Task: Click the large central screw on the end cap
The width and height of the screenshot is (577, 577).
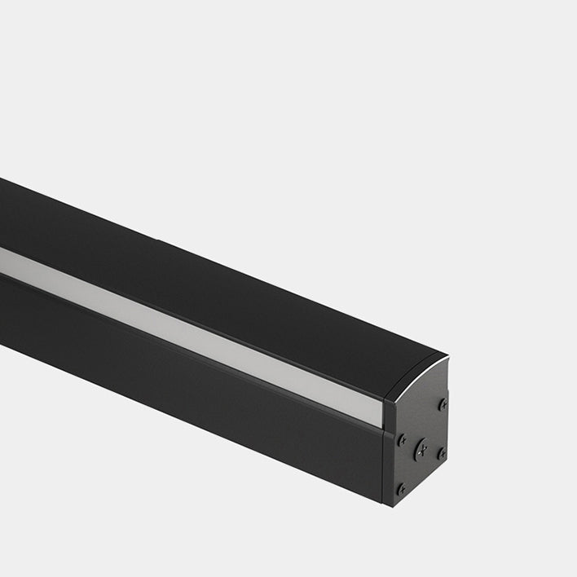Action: (x=421, y=447)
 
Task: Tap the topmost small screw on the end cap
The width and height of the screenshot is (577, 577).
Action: (x=443, y=403)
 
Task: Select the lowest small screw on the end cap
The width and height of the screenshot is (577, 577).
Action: (x=401, y=489)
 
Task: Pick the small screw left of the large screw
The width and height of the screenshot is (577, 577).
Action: (x=401, y=439)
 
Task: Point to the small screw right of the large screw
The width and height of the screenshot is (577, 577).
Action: (x=441, y=452)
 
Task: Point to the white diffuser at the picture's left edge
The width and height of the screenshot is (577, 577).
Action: (x=7, y=259)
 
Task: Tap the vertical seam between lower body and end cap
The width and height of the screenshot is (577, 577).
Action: (x=384, y=465)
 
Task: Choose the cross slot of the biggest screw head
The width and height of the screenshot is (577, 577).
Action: (x=421, y=447)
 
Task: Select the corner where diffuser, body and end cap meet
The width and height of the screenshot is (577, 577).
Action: (x=383, y=428)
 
